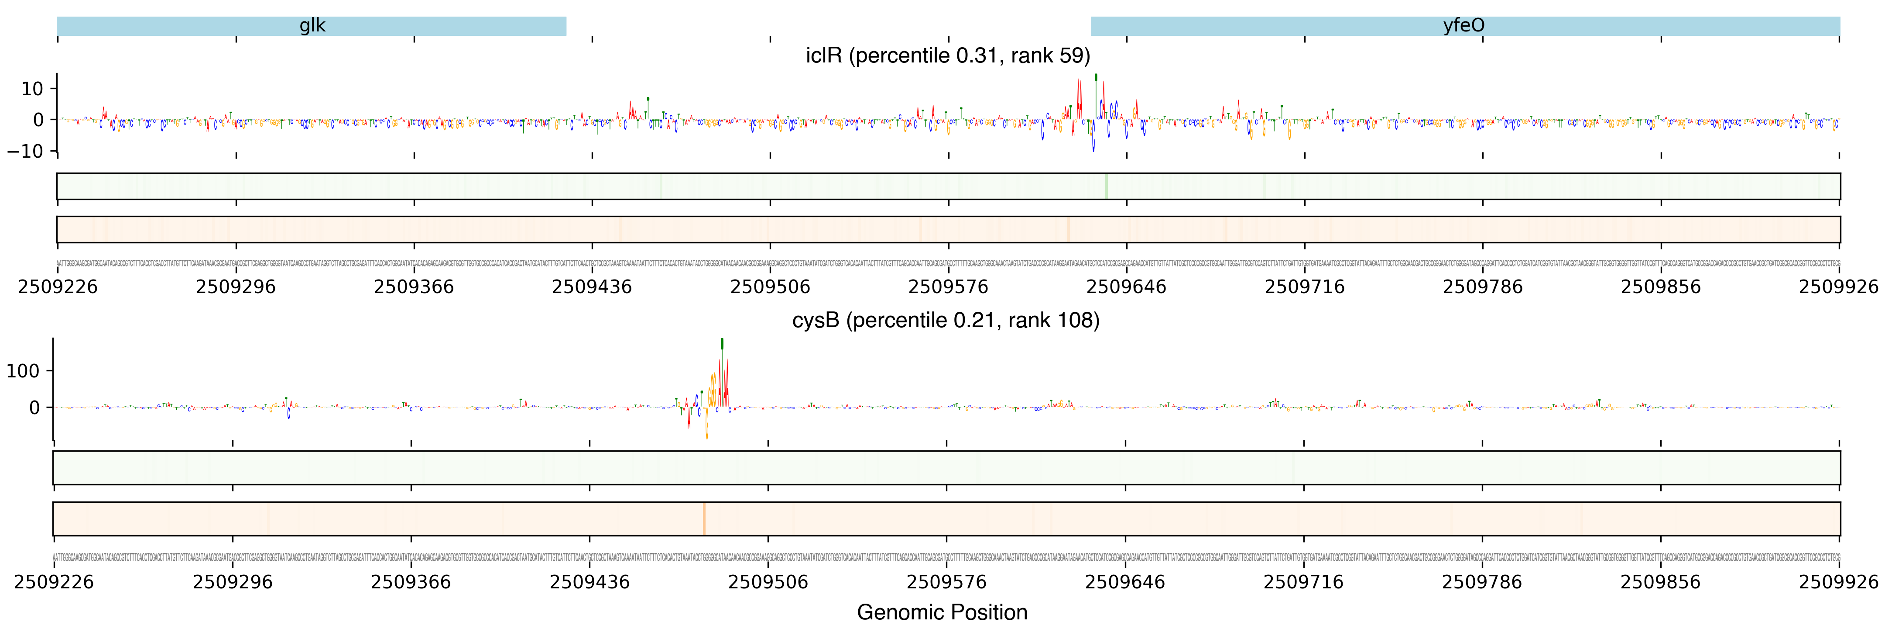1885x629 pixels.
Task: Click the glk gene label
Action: (x=312, y=26)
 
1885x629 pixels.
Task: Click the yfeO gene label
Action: (x=1463, y=26)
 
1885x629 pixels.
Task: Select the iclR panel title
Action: (x=948, y=55)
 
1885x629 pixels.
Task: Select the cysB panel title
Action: (x=946, y=321)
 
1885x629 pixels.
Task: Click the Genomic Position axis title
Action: (x=942, y=612)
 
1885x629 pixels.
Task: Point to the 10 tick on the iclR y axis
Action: (x=32, y=89)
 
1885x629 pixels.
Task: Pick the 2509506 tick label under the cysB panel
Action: (x=768, y=582)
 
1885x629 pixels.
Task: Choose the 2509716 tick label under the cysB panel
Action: (x=1303, y=582)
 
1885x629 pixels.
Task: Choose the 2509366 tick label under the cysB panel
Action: (x=411, y=582)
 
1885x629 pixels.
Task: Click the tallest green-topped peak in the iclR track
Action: (x=1095, y=78)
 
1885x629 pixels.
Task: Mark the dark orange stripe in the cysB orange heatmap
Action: (x=704, y=518)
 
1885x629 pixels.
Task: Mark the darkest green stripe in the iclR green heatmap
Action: (x=1107, y=186)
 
